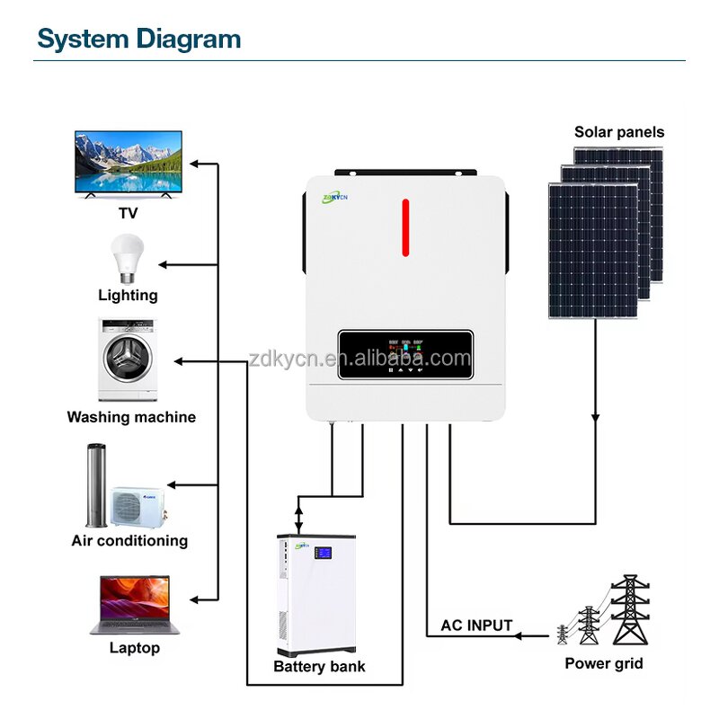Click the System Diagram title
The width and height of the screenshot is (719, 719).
tap(139, 39)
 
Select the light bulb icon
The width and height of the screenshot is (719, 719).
tap(127, 257)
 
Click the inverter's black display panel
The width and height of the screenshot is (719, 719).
tap(405, 355)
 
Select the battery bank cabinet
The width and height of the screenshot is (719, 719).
tap(316, 596)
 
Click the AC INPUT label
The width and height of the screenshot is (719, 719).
tap(476, 626)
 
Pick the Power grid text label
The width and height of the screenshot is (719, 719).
tap(604, 664)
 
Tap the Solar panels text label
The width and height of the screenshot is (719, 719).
tap(619, 132)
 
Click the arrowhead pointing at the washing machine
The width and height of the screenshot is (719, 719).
tap(178, 361)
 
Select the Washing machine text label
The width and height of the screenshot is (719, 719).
tap(131, 417)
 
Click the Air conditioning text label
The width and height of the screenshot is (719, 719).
tap(129, 541)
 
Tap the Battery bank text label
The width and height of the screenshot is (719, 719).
tap(319, 667)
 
